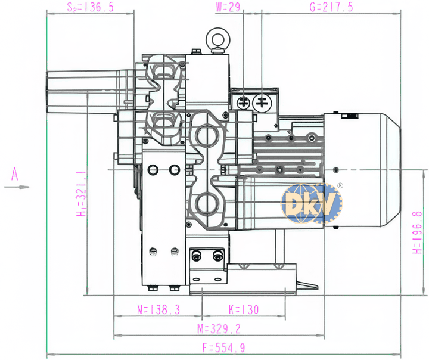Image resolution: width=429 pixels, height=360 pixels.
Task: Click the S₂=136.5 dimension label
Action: pyautogui.click(x=91, y=7)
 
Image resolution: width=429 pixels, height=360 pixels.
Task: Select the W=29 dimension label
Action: pyautogui.click(x=228, y=7)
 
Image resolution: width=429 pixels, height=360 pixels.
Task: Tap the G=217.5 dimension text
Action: pyautogui.click(x=331, y=7)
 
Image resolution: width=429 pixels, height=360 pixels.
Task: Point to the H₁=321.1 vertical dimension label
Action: pyautogui.click(x=82, y=194)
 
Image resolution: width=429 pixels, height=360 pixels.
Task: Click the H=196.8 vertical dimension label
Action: pyautogui.click(x=417, y=232)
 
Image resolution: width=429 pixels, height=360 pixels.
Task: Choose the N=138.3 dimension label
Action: pyautogui.click(x=158, y=309)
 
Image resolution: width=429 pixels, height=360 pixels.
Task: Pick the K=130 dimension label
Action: pyautogui.click(x=244, y=309)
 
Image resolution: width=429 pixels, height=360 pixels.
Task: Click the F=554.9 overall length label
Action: pyautogui.click(x=223, y=347)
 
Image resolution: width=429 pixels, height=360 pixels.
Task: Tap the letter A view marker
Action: pyautogui.click(x=15, y=174)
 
